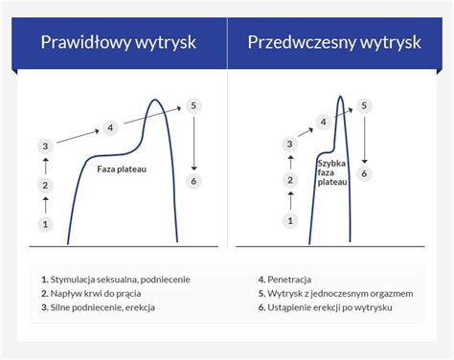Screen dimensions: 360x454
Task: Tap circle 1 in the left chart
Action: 45,224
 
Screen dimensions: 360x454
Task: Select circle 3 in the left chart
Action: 45,146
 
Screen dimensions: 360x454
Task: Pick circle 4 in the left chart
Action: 111,127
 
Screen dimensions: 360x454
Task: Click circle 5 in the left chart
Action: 194,105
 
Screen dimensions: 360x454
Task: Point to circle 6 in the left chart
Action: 194,180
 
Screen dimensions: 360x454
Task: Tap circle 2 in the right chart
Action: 289,181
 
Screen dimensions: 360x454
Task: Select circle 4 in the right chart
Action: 324,123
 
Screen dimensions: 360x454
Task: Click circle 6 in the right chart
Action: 364,173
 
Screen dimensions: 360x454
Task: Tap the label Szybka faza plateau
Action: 332,171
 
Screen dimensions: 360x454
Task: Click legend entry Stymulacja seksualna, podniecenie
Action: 115,280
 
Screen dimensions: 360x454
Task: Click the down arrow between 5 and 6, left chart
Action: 194,143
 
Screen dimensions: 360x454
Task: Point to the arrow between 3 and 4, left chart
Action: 78,137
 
